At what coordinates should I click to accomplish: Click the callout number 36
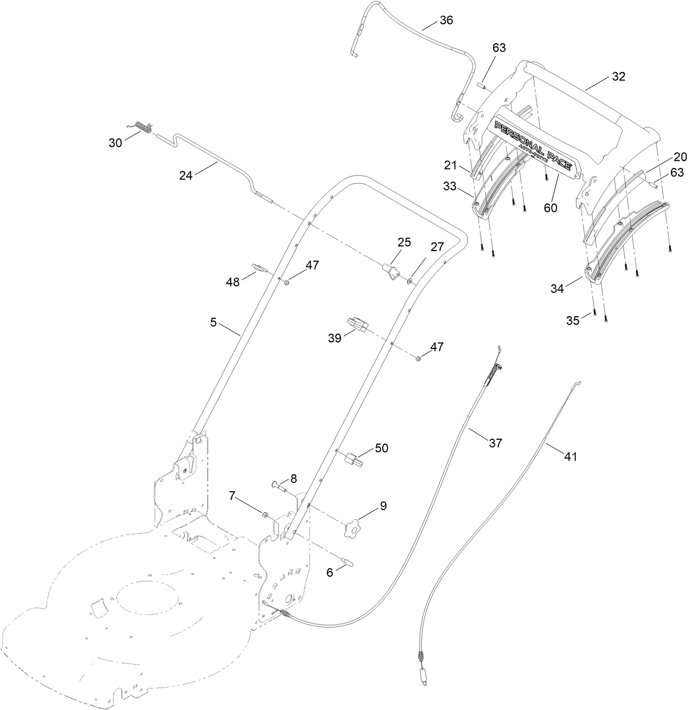(x=446, y=21)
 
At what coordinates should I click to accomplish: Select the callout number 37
(x=495, y=443)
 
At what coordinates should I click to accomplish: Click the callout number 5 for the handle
(x=213, y=323)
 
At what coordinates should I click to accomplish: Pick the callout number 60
(x=550, y=208)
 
